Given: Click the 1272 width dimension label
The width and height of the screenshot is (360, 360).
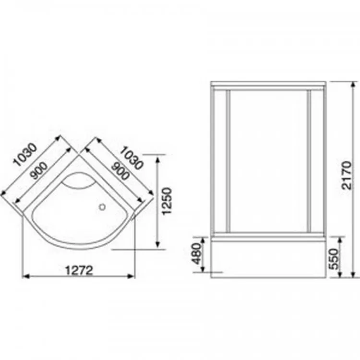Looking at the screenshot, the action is (79, 270).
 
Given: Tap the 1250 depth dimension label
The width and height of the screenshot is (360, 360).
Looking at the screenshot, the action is (167, 201).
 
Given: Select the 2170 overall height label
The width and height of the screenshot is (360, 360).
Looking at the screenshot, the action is (347, 176).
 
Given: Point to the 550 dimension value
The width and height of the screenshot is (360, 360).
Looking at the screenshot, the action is (334, 259).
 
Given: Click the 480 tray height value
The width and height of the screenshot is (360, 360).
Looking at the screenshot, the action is (197, 254).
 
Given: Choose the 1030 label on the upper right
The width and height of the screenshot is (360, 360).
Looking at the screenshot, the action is (132, 158).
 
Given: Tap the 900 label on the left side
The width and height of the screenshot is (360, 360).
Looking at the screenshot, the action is (39, 170).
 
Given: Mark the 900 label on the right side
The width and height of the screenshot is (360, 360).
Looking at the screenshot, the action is (120, 171).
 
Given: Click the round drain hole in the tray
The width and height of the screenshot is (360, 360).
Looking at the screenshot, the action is (102, 207).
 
